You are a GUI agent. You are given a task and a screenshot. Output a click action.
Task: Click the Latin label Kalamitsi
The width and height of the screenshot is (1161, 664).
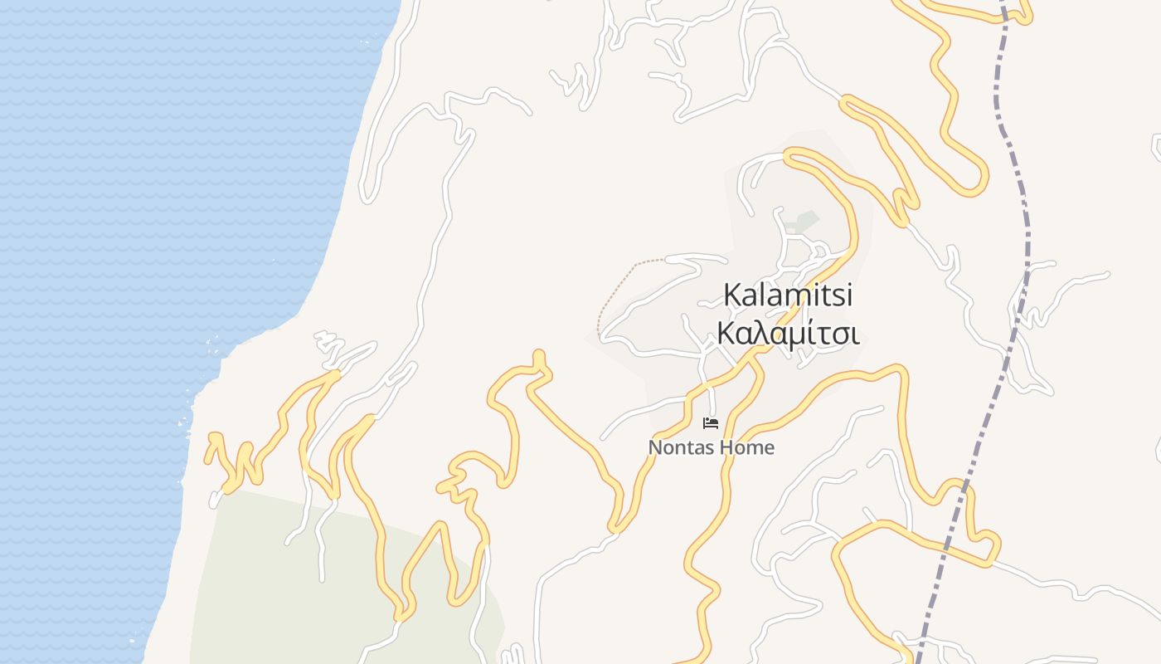point(788,295)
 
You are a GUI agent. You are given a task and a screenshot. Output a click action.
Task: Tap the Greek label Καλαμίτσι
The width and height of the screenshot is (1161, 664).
point(788,334)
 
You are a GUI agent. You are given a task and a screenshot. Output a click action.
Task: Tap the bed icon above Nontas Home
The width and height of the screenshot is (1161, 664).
point(711,423)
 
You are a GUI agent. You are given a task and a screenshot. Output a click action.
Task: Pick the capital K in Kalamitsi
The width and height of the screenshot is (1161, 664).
point(732,295)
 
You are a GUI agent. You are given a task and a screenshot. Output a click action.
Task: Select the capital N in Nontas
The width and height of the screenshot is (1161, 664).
point(655,448)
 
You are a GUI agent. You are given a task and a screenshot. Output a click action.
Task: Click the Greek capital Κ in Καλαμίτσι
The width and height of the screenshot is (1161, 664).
point(726,334)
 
